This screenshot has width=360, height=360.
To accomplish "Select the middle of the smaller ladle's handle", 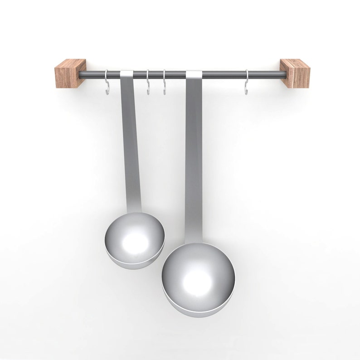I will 131,145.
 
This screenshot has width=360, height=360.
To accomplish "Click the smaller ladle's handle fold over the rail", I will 126,74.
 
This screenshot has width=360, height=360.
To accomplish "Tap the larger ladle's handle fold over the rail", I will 194,74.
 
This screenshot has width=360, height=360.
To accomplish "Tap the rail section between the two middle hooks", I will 156,74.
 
